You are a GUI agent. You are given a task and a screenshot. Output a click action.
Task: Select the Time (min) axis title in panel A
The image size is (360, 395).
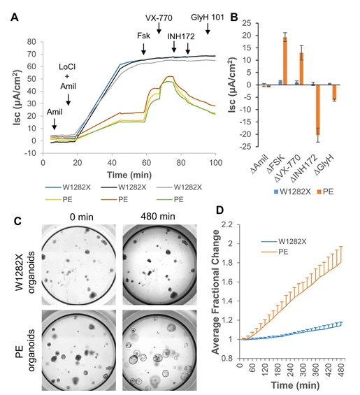click(x=127, y=172)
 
